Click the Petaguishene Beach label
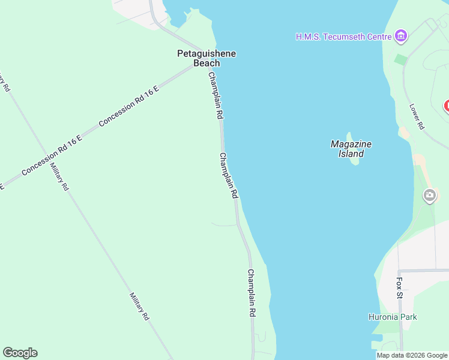[x=206, y=58]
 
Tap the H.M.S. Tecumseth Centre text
[x=343, y=37]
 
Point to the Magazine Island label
[x=351, y=148]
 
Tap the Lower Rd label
[x=417, y=117]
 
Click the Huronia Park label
[x=393, y=317]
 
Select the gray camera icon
[x=430, y=195]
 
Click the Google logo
[x=20, y=353]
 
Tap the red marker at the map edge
[x=447, y=106]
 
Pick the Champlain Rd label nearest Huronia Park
[x=252, y=293]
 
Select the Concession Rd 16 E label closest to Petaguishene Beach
[x=128, y=106]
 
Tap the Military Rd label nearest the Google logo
[x=139, y=307]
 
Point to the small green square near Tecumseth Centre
[x=401, y=59]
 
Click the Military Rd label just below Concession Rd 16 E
[x=59, y=177]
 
